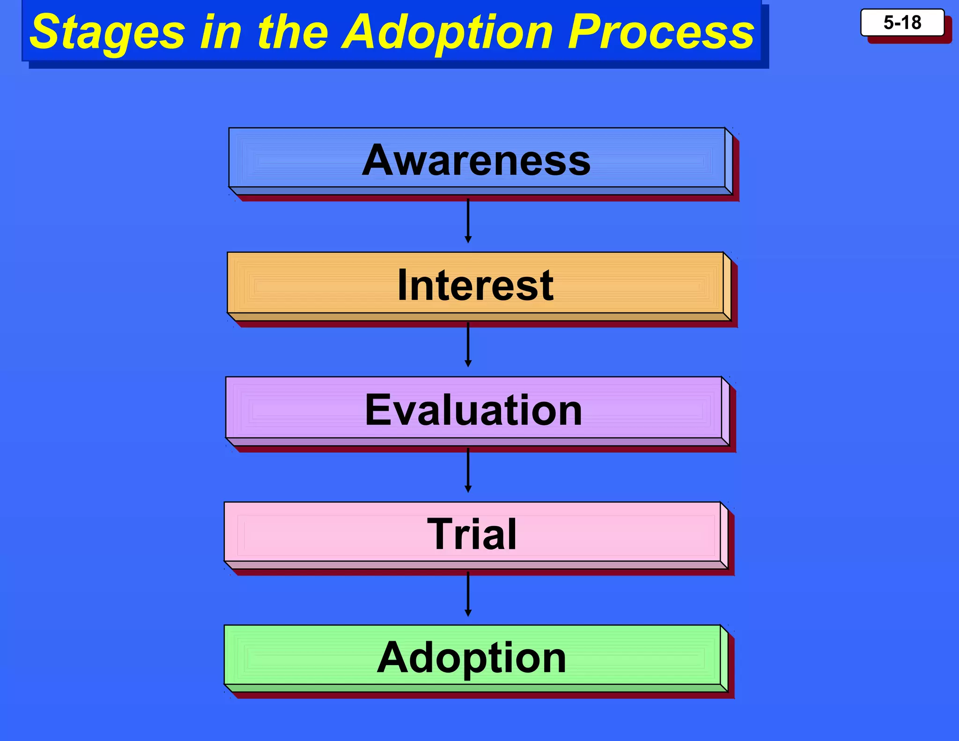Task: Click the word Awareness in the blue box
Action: [x=476, y=161]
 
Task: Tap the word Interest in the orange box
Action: [x=475, y=285]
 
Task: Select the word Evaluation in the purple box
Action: [x=473, y=410]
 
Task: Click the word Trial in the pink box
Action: [x=472, y=534]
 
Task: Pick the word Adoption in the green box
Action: [x=472, y=658]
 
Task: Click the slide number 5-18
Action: [x=902, y=22]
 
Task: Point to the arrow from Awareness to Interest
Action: [x=468, y=220]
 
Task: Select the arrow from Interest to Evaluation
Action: [x=468, y=345]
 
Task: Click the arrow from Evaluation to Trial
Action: [x=468, y=470]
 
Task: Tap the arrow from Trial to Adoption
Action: [x=468, y=594]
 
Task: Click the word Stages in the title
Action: [x=108, y=32]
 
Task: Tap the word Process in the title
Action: [x=661, y=32]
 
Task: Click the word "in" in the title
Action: [x=221, y=32]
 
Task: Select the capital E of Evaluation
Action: [x=378, y=410]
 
